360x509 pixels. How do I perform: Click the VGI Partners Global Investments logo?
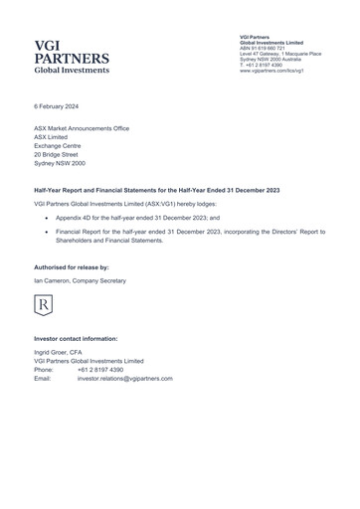pyautogui.click(x=72, y=58)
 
